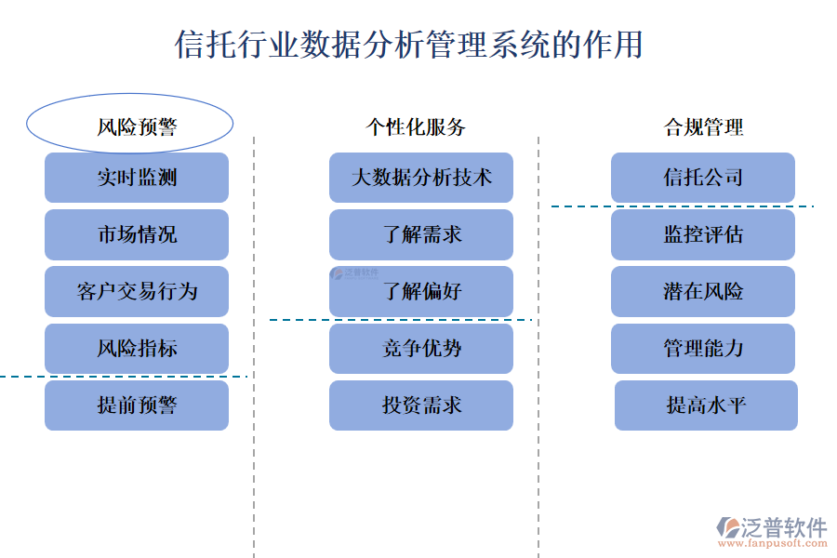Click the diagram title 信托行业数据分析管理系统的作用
pyautogui.click(x=409, y=44)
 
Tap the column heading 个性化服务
pyautogui.click(x=415, y=126)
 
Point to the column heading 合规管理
pyautogui.click(x=703, y=126)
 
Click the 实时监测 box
pyautogui.click(x=137, y=178)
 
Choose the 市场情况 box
pyautogui.click(x=137, y=234)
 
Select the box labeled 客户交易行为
pyautogui.click(x=137, y=291)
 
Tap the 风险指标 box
pyautogui.click(x=137, y=349)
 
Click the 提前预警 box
pyautogui.click(x=137, y=405)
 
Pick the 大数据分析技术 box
pyautogui.click(x=421, y=178)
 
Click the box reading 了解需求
pyautogui.click(x=421, y=234)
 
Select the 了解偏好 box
pyautogui.click(x=421, y=291)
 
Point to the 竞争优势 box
pyautogui.click(x=421, y=349)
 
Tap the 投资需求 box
pyautogui.click(x=421, y=405)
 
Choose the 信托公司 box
pyautogui.click(x=703, y=178)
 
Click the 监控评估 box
pyautogui.click(x=703, y=234)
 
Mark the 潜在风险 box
pyautogui.click(x=703, y=291)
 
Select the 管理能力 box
pyautogui.click(x=703, y=349)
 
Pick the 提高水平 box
pyautogui.click(x=706, y=405)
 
